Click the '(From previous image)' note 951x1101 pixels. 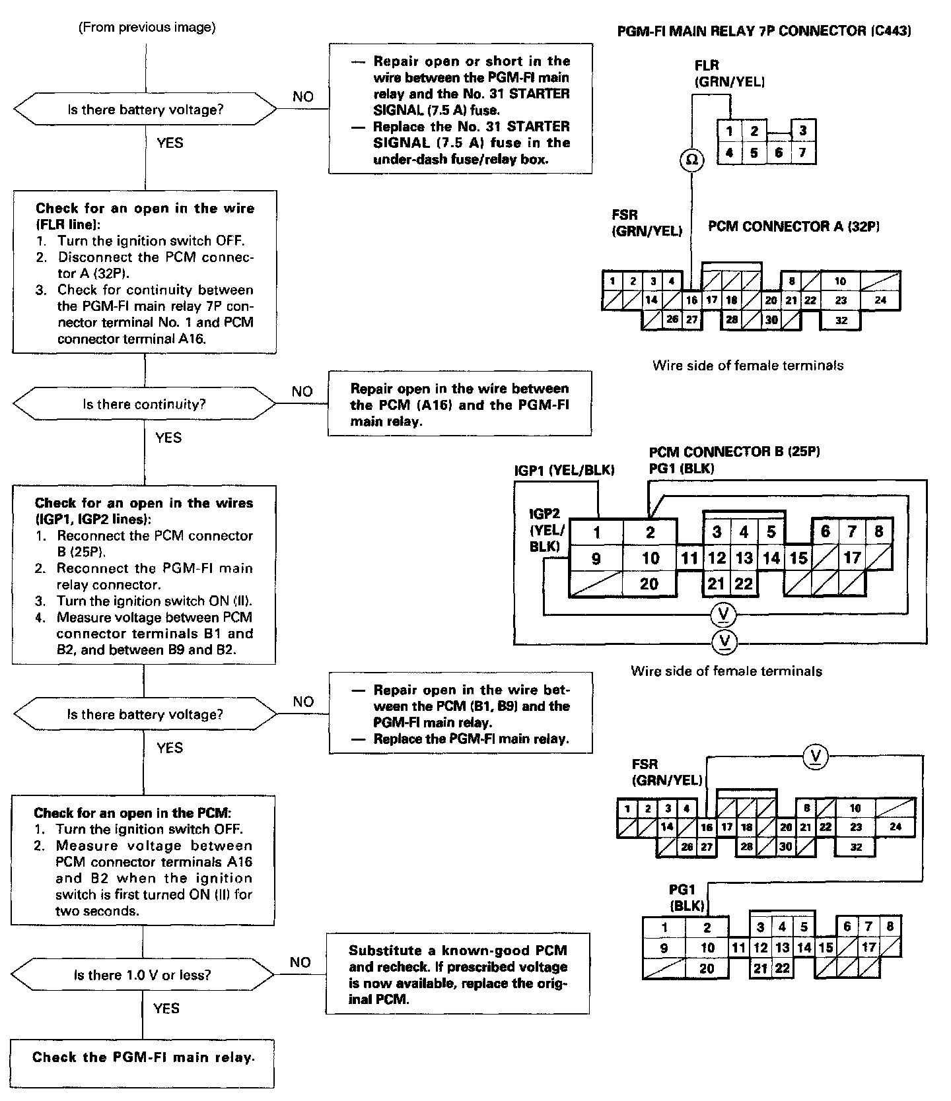coord(147,28)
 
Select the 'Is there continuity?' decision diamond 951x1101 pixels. coord(145,404)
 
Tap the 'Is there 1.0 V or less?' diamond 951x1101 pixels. coord(143,974)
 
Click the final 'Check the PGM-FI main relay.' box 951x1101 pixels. coord(143,1057)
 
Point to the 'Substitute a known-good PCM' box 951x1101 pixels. coord(458,974)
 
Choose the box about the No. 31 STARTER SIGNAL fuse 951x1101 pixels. coord(460,110)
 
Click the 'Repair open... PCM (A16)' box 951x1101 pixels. coord(460,404)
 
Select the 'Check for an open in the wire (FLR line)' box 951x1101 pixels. coord(145,273)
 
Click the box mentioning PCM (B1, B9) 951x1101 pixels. coord(461,714)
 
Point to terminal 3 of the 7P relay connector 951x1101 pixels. coord(802,131)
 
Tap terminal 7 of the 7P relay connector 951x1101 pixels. coord(802,153)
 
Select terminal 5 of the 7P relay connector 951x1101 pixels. coord(754,153)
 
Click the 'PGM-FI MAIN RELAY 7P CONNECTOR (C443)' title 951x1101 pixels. coord(764,31)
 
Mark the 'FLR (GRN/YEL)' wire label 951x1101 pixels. coord(729,73)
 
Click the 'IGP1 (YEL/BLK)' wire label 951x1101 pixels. coord(565,470)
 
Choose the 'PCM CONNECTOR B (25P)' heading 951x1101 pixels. coord(734,452)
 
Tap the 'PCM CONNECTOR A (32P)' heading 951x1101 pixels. coord(794,227)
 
